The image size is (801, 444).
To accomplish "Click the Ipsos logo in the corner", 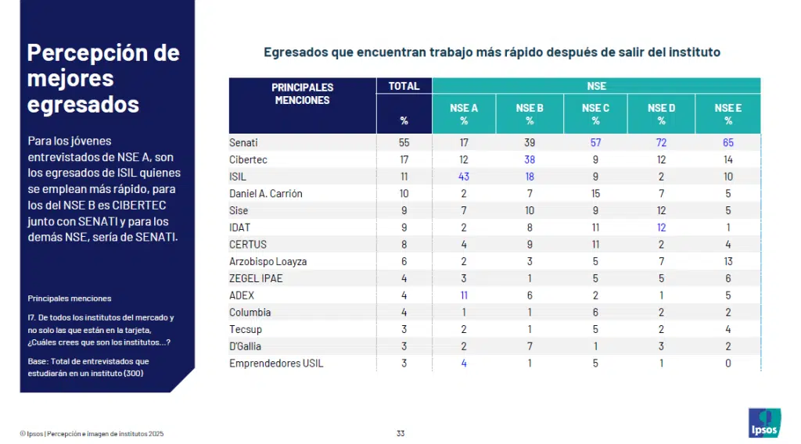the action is [764, 423].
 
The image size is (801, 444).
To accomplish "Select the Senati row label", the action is [243, 142].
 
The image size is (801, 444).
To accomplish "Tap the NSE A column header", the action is [463, 114].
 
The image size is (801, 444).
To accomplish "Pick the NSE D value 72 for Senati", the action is [661, 142].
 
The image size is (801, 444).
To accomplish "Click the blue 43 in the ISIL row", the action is [463, 177].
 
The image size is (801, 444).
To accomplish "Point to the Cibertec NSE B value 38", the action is [530, 159].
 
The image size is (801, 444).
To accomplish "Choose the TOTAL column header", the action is [404, 86].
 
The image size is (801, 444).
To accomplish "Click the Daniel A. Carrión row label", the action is [266, 193].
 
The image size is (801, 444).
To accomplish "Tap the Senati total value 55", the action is [404, 142].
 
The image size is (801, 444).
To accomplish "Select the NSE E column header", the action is [728, 114].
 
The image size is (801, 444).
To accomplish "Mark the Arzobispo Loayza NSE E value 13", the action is [728, 261].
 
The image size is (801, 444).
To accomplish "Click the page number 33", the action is [400, 433].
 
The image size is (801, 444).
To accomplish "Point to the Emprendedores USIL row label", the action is [276, 363].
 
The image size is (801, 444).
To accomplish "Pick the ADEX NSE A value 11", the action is [464, 295].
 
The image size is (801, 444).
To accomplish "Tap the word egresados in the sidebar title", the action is [83, 105].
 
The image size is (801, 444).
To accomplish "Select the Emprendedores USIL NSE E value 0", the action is [728, 363].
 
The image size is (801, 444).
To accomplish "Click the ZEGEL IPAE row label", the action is [256, 278].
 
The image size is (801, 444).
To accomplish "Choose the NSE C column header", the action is [595, 114].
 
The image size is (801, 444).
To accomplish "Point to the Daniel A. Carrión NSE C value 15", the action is [595, 193].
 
